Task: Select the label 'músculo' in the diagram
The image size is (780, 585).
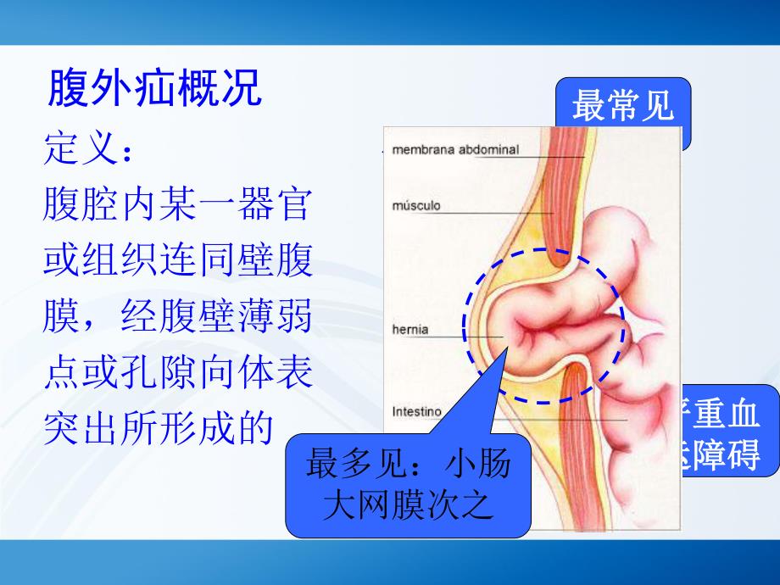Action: [416, 205]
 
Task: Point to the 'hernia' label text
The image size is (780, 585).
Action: [410, 330]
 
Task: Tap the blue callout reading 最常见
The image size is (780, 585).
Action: [622, 109]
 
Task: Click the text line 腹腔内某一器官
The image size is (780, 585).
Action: [177, 205]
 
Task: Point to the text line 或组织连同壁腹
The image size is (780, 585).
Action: [177, 262]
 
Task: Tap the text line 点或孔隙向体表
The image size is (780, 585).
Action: [177, 374]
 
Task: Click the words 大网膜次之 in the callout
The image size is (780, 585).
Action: [409, 506]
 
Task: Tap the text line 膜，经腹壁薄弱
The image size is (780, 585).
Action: [177, 318]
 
